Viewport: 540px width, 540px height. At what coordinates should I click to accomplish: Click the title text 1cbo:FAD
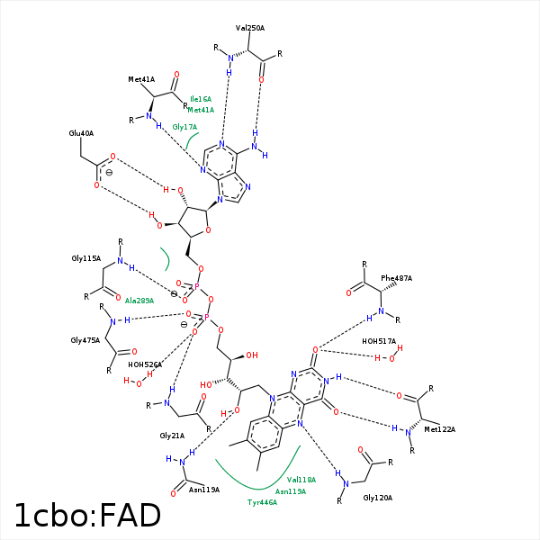tap(87, 515)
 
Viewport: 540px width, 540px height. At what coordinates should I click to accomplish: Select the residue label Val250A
tap(250, 28)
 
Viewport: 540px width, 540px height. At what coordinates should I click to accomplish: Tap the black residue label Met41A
tap(141, 79)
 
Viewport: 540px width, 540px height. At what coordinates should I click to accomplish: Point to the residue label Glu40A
tap(81, 133)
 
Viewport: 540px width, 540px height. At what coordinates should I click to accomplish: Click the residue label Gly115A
tap(85, 258)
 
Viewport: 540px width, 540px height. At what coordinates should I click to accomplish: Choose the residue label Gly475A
tap(85, 341)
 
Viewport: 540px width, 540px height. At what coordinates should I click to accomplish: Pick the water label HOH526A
tap(145, 364)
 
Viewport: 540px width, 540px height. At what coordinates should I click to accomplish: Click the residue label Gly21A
tap(172, 435)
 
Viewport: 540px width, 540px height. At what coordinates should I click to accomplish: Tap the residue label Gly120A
tap(378, 497)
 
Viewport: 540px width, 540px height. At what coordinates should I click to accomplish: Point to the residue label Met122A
tap(440, 429)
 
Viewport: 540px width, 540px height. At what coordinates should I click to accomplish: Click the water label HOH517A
tap(379, 341)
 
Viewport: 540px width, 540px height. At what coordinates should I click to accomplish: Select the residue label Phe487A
tap(396, 278)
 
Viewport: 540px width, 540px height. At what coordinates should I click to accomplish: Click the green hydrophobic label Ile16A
tap(201, 99)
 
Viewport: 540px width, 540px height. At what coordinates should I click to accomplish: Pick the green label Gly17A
tap(184, 127)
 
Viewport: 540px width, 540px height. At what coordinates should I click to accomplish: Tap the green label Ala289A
tap(139, 300)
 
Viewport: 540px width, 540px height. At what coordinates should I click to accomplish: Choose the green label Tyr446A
tap(262, 502)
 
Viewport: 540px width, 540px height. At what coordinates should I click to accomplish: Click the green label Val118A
tap(301, 480)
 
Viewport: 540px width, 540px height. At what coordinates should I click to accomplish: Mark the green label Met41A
tap(201, 110)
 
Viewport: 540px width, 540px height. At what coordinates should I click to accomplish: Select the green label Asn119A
tap(291, 491)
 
